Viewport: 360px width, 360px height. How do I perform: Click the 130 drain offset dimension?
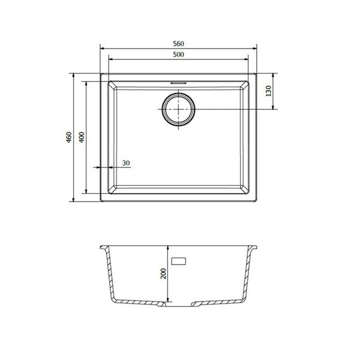click(269, 92)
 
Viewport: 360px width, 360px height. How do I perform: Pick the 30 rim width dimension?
click(125, 163)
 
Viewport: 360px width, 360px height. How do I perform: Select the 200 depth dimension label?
click(163, 275)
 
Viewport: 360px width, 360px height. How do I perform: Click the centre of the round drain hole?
click(178, 110)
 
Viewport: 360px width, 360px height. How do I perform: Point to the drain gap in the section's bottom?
click(178, 304)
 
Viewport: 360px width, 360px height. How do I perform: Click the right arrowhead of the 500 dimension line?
click(247, 60)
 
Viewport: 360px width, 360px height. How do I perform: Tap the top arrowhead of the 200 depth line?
click(169, 247)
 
